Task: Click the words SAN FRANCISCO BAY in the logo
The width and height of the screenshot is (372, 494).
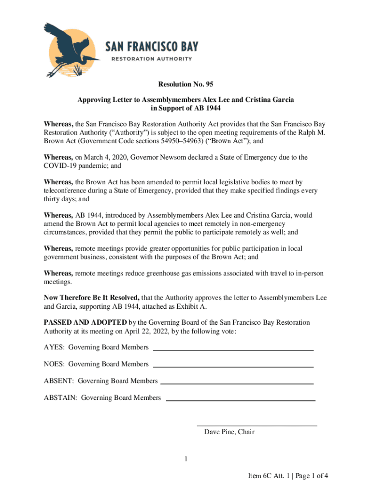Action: [x=152, y=47]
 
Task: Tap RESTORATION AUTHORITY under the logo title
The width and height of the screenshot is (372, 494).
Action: [x=152, y=59]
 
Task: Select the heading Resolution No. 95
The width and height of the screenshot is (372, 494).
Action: [x=186, y=84]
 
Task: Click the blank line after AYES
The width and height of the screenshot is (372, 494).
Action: [x=233, y=349]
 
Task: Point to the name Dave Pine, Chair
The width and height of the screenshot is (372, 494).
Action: [x=229, y=432]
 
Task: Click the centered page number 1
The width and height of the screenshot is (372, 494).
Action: [x=186, y=459]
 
